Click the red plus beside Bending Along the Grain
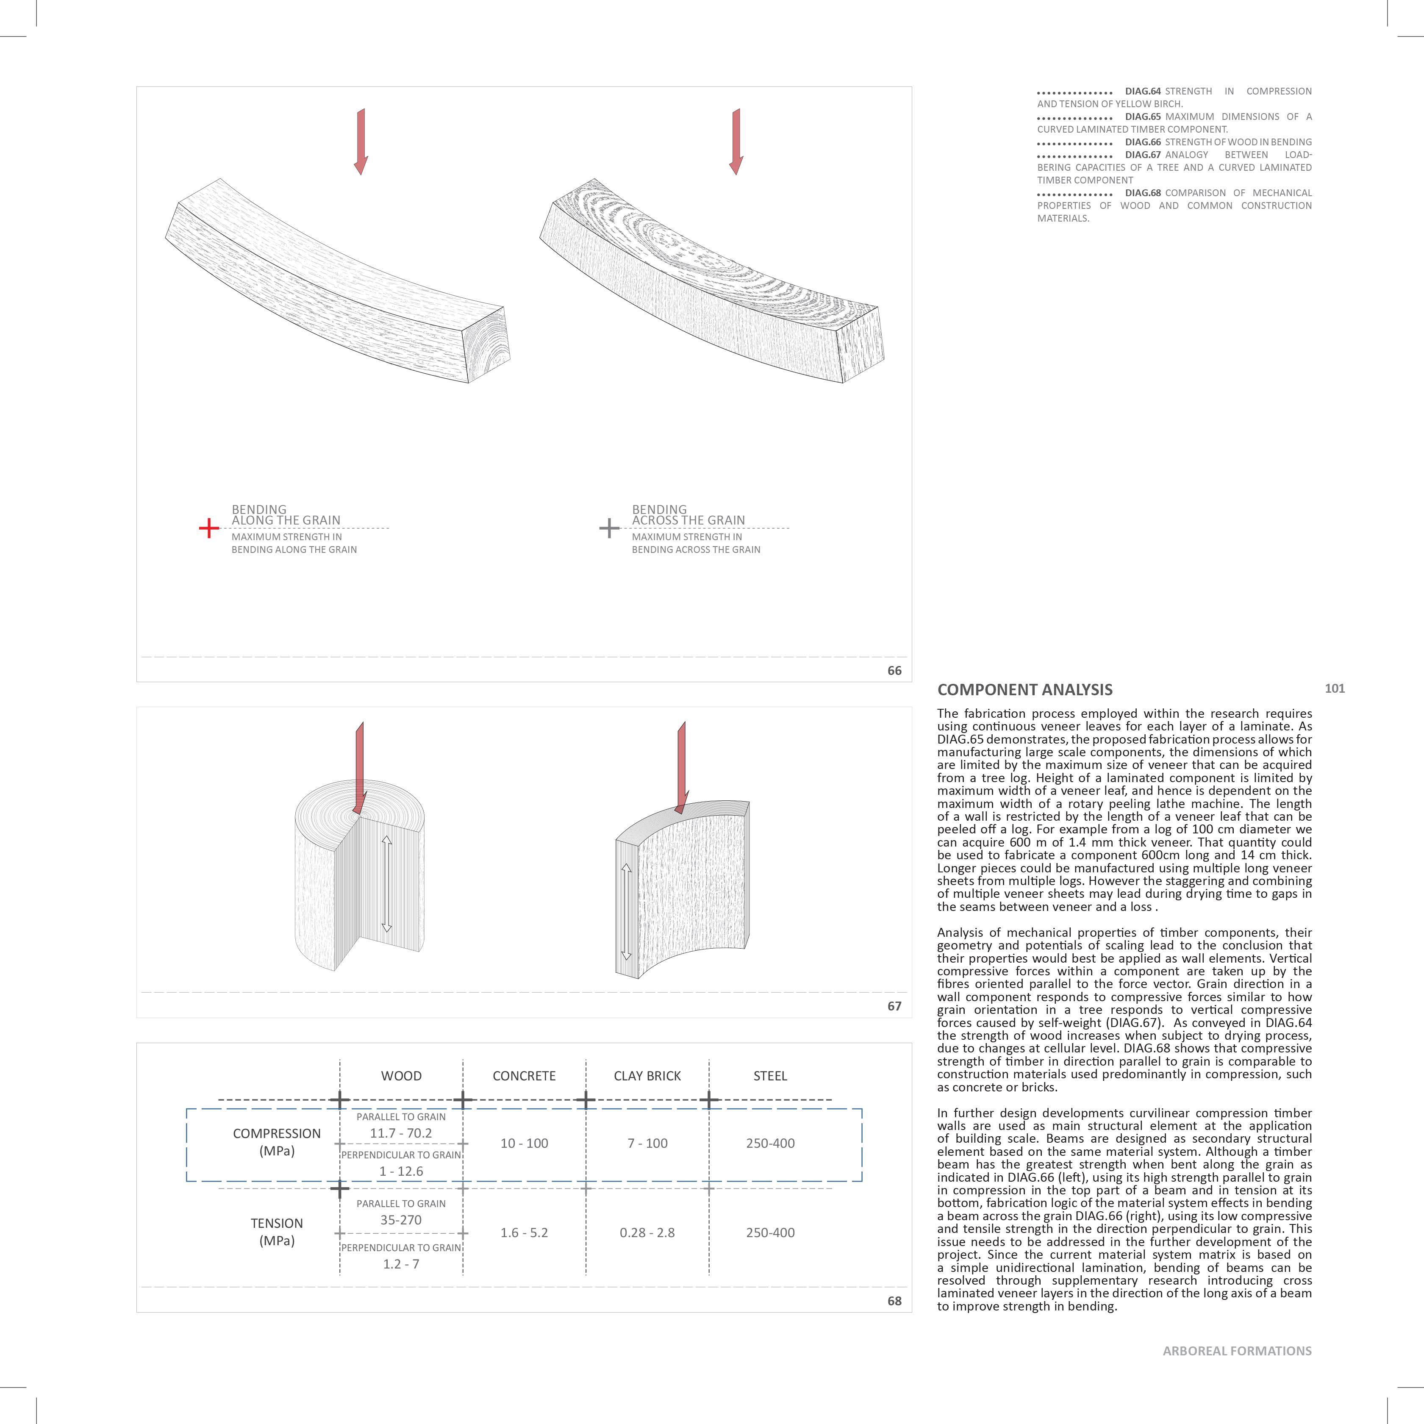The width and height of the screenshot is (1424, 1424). [208, 528]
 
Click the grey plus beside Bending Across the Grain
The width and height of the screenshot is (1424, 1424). [609, 528]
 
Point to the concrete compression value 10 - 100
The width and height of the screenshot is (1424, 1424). [524, 1143]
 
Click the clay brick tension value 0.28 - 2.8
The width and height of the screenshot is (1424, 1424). [647, 1232]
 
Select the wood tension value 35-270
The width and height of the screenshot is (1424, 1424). [401, 1220]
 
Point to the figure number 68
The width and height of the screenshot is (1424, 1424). [894, 1301]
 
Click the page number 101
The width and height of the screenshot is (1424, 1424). [1335, 688]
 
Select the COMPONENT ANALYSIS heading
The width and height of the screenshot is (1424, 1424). [1024, 690]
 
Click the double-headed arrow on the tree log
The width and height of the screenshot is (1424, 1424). [387, 885]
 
